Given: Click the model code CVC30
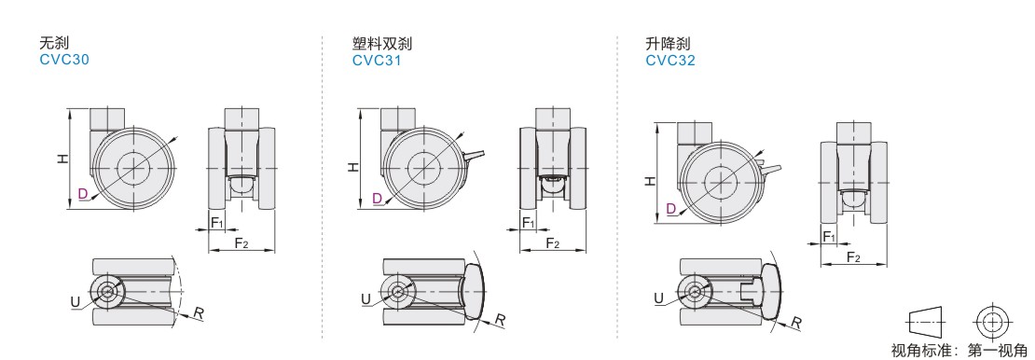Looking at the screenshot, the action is click(x=64, y=60).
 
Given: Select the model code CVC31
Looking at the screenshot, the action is click(x=377, y=60).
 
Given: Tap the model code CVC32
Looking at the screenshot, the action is click(x=670, y=60).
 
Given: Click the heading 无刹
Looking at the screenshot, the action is click(x=53, y=44).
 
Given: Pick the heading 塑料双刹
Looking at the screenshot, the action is click(x=382, y=44).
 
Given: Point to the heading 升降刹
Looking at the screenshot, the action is click(x=668, y=44).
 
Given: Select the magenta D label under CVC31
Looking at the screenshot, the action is click(x=377, y=198).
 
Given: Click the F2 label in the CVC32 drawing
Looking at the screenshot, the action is click(x=853, y=257).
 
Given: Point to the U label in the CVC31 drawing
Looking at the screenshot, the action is click(x=366, y=299).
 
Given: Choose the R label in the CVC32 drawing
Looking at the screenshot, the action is click(x=796, y=323).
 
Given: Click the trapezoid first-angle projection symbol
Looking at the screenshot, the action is click(x=926, y=323).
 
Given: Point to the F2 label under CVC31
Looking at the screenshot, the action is click(x=553, y=243).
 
